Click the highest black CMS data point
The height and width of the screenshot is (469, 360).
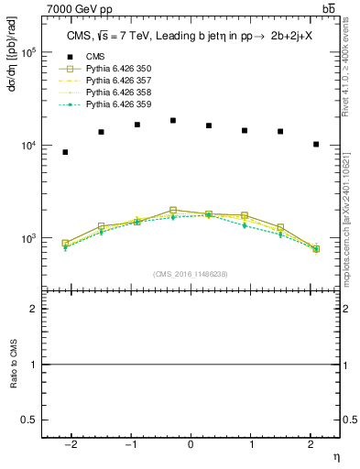point(173,120)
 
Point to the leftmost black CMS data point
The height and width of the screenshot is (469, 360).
point(65,152)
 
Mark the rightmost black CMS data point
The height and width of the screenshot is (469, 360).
point(316,144)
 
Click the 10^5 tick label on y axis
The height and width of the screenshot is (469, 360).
point(28,52)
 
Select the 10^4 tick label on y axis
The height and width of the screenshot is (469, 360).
point(28,146)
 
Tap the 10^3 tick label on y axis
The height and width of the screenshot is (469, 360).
point(28,238)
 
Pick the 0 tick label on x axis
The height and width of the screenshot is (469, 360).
point(191,446)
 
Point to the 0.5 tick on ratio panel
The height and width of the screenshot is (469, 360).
point(31,420)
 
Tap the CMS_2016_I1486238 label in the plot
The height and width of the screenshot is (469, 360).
point(191,274)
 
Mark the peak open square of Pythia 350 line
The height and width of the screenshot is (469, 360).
point(173,210)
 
